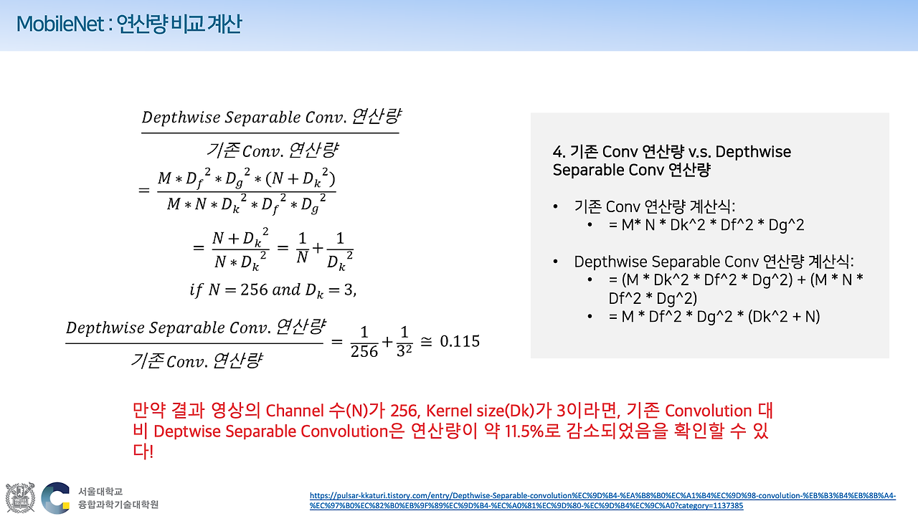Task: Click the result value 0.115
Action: coord(460,341)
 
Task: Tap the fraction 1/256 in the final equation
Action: coord(364,342)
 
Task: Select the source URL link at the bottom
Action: coord(602,500)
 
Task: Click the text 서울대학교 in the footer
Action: coord(100,492)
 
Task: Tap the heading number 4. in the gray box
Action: coord(560,152)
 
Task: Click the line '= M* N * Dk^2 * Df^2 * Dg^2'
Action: coord(706,225)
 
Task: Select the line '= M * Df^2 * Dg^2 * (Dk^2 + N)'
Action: coord(714,316)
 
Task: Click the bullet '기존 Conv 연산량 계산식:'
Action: coord(653,206)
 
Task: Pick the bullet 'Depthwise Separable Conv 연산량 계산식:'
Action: coord(714,262)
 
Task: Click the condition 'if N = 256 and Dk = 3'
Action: coord(273,290)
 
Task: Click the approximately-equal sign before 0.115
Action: coord(426,342)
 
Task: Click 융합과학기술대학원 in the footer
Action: coord(118,505)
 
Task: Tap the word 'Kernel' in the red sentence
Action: coord(449,411)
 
